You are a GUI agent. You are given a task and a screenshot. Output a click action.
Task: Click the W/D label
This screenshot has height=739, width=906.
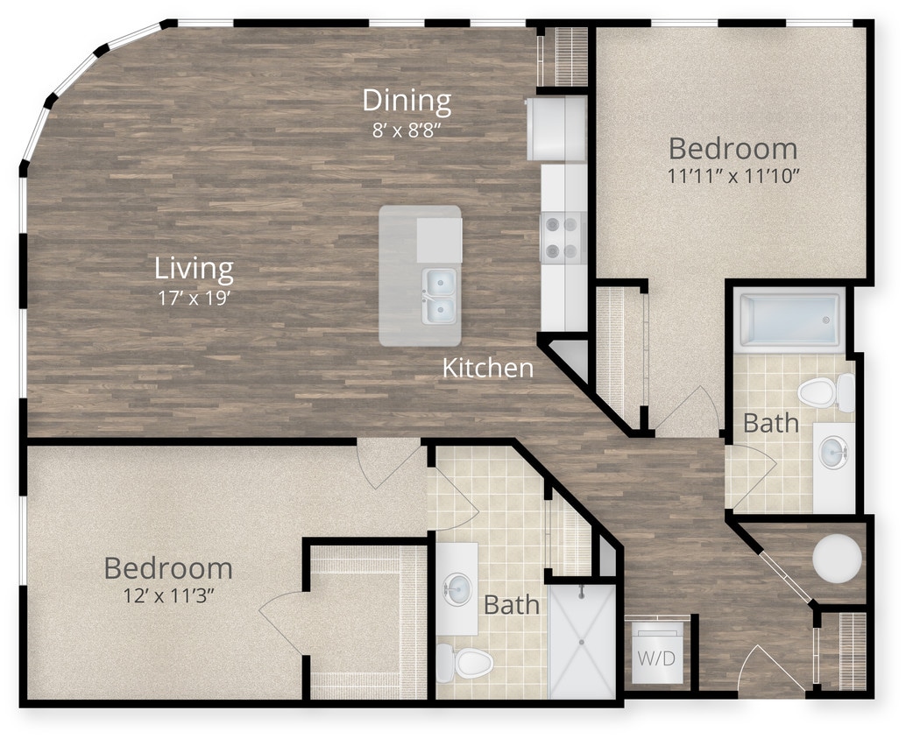tap(655, 658)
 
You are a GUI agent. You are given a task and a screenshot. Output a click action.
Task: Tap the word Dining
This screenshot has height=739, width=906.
tap(407, 101)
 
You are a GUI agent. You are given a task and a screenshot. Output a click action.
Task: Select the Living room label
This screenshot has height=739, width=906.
tap(194, 267)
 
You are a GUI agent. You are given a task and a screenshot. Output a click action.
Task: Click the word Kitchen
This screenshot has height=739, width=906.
tap(487, 368)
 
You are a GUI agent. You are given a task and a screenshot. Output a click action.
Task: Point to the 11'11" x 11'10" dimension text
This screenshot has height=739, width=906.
tap(734, 175)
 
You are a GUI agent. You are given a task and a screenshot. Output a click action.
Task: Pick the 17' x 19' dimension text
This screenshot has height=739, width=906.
tap(194, 296)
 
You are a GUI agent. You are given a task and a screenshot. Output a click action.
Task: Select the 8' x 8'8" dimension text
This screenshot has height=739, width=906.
tap(407, 130)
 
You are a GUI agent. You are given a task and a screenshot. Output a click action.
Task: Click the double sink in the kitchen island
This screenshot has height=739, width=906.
tap(438, 295)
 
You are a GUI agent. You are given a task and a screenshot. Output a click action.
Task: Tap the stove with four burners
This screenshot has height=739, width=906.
tap(563, 238)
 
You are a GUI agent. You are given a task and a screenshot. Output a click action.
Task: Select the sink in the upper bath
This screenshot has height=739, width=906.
tap(832, 453)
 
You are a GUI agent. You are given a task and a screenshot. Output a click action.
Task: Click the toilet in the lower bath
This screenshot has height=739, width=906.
tap(464, 662)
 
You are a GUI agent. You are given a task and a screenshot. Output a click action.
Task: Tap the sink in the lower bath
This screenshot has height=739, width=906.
tap(456, 588)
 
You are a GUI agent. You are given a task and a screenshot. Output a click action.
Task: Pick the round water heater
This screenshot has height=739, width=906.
tap(836, 558)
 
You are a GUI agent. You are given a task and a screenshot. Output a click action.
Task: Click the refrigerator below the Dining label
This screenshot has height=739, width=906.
tap(556, 129)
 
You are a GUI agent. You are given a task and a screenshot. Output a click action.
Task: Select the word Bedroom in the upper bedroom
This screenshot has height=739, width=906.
tap(733, 147)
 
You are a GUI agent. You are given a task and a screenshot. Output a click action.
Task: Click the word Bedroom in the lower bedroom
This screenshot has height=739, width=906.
tap(168, 568)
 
